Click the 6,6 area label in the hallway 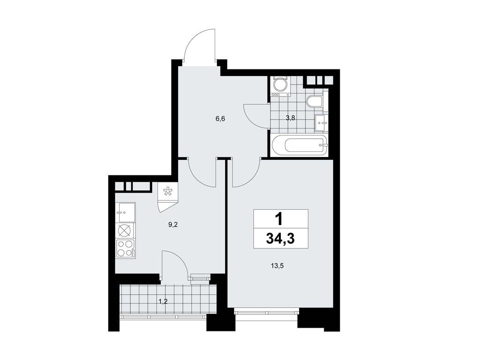(220, 119)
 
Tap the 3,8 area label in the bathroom (290, 119)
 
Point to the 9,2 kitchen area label (173, 225)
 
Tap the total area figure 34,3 (280, 239)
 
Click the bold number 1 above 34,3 (280, 218)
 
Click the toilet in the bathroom (314, 101)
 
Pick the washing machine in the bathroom (280, 86)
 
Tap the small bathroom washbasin (321, 124)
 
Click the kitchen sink (125, 212)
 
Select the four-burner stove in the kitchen (125, 248)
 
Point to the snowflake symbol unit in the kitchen (167, 191)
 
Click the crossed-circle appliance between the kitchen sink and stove (125, 230)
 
